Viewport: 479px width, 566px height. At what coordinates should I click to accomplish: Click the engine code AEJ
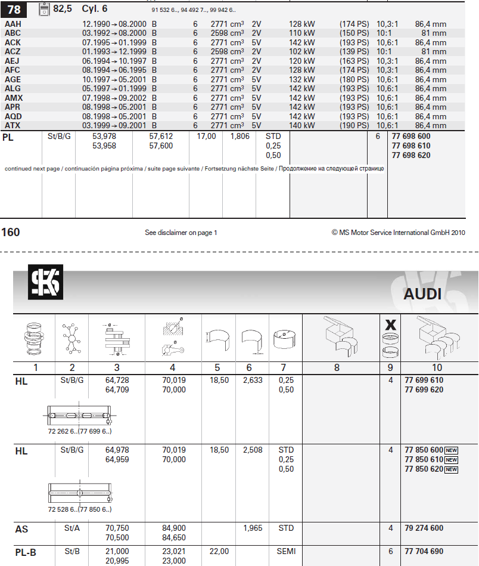click(x=13, y=61)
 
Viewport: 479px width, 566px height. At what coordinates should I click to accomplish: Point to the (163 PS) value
click(x=354, y=61)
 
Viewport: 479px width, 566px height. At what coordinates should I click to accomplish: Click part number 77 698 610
click(x=411, y=146)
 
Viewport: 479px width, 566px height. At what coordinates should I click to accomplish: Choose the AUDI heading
click(x=422, y=294)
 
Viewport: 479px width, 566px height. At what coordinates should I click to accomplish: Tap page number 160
click(x=11, y=232)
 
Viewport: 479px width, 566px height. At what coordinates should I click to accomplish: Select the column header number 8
click(x=337, y=368)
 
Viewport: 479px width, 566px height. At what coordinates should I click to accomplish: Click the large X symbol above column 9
click(x=391, y=324)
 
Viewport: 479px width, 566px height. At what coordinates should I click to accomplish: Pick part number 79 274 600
click(x=424, y=528)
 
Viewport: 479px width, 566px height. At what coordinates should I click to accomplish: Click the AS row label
click(x=21, y=529)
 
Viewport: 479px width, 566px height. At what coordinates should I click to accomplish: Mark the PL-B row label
click(x=25, y=552)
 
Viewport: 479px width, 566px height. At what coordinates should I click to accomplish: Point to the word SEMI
click(x=287, y=552)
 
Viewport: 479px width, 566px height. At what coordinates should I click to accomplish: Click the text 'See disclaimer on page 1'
click(x=181, y=233)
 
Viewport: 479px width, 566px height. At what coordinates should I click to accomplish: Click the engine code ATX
click(x=13, y=125)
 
